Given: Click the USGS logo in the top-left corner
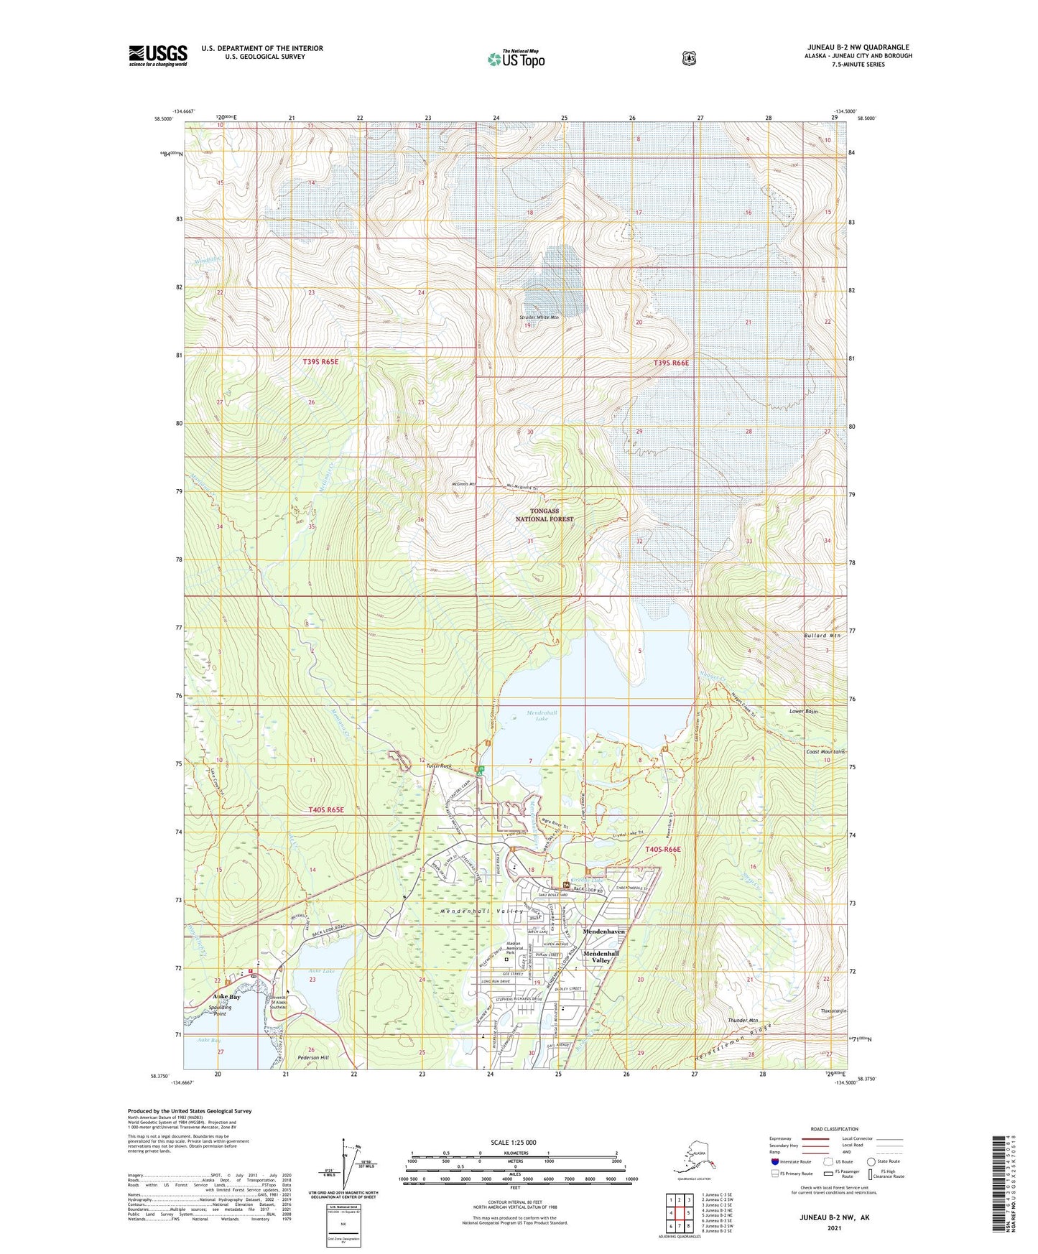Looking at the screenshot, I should pos(158,55).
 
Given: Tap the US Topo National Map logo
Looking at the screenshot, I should pos(516,58).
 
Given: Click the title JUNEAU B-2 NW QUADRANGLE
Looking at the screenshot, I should pos(858,47).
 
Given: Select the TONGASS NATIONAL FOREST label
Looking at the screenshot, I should pos(545,514).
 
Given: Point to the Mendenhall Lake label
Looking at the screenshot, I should pos(542,715).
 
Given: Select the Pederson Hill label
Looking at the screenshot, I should pos(313,1057).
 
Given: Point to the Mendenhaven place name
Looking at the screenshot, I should pos(603,931).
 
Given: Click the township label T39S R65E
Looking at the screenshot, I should pos(320,362).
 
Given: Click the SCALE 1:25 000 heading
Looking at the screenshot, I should pos(513,1142).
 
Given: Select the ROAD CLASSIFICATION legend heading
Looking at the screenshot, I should pos(834,1129).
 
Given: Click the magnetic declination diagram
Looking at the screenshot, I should pos(348,1165).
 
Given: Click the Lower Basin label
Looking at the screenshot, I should pos(804,711).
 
